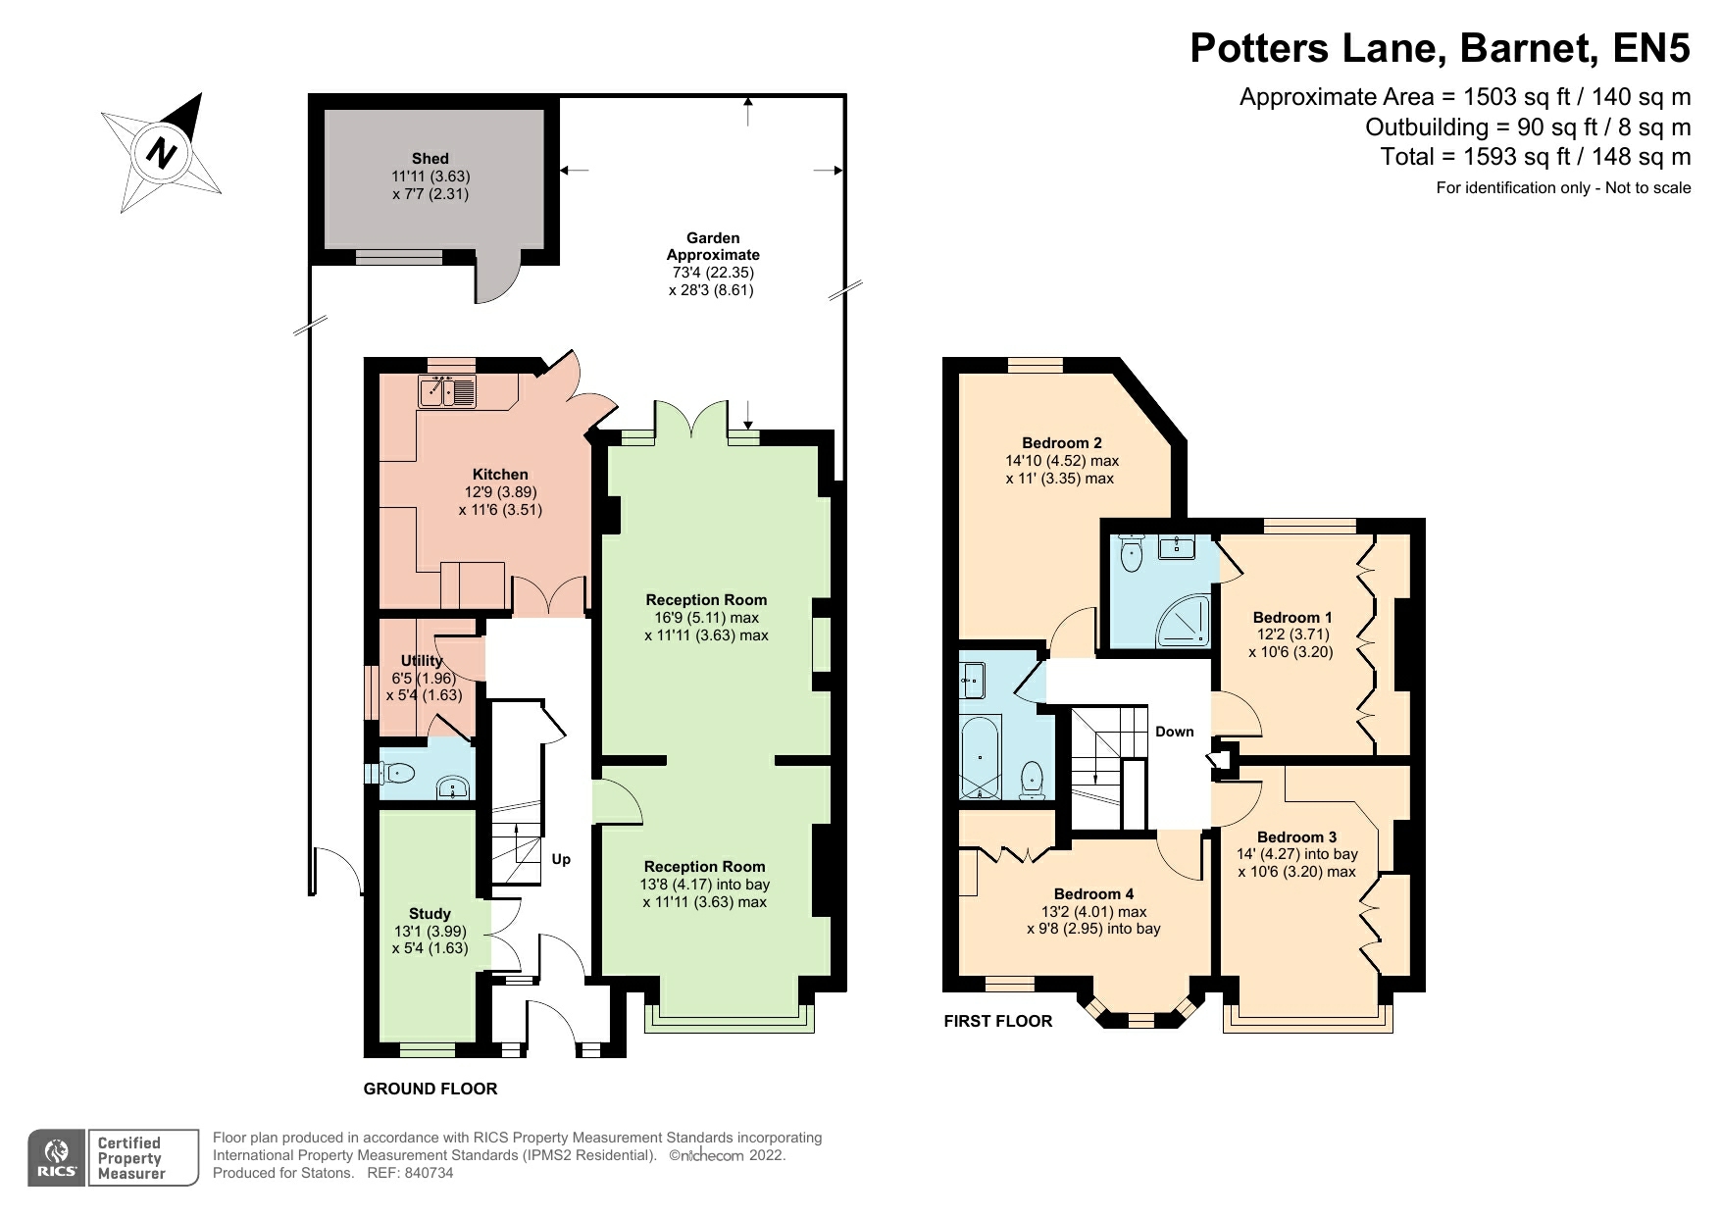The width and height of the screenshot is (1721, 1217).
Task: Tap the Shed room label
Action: click(430, 158)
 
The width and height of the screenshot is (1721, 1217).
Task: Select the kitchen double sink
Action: click(447, 392)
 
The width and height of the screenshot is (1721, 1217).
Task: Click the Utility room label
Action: click(422, 660)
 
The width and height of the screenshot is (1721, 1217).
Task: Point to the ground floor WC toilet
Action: click(395, 774)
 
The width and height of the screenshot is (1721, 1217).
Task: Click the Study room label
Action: click(430, 913)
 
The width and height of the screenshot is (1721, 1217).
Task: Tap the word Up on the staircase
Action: click(561, 859)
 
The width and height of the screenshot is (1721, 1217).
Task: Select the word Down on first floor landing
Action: click(1174, 732)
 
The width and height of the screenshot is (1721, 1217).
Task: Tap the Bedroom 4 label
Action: click(1093, 893)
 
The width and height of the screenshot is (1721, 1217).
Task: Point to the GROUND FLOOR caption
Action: click(430, 1089)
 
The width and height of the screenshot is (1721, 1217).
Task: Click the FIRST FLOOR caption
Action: click(997, 1021)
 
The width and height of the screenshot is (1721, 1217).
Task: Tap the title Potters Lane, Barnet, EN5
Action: click(1440, 47)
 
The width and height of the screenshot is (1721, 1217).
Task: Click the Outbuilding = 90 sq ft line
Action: click(1527, 127)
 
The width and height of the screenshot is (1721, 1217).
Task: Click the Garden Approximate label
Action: click(713, 246)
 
